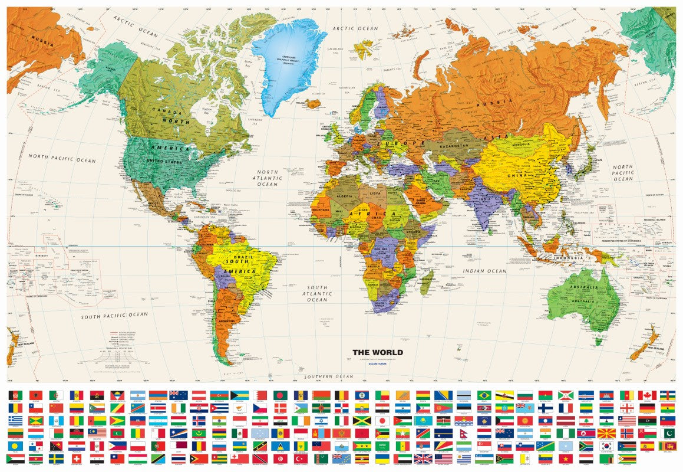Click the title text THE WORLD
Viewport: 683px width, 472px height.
tap(378, 353)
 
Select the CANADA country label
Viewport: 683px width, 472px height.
tap(163, 110)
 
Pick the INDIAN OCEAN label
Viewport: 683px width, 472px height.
tap(484, 271)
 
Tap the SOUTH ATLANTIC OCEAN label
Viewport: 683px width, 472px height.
tap(316, 293)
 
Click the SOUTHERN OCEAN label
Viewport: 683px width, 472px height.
tap(328, 376)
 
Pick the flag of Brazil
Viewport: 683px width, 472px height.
tap(484, 395)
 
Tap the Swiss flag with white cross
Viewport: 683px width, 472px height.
tap(76, 458)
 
